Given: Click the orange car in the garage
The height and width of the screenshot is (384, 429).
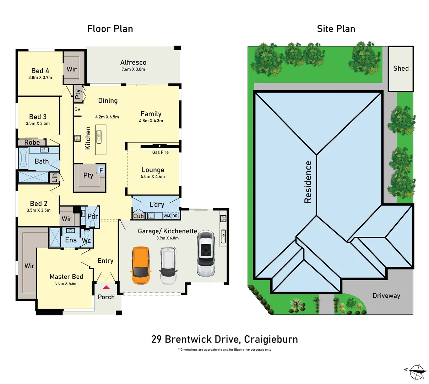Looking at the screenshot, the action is click(x=141, y=265).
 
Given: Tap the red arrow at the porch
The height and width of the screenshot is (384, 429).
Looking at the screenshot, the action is click(x=106, y=288).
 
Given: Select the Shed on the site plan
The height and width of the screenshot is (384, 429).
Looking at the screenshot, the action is click(x=401, y=69).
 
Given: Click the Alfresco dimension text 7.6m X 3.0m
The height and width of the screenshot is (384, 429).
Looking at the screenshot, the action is click(x=133, y=69).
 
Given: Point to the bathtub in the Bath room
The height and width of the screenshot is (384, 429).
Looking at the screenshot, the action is click(x=23, y=158).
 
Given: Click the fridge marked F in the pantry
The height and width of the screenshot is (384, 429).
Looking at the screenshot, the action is click(x=101, y=170).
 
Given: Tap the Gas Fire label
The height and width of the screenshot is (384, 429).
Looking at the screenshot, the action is click(x=160, y=152).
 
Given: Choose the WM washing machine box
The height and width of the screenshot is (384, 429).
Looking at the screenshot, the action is click(x=167, y=216).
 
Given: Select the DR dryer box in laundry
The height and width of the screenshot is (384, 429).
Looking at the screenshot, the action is click(x=175, y=216).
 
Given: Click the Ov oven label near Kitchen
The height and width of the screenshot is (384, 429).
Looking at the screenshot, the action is click(x=77, y=110).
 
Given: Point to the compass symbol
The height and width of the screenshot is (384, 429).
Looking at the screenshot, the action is click(x=415, y=373).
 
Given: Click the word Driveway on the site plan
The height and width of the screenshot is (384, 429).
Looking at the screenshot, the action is click(x=386, y=295).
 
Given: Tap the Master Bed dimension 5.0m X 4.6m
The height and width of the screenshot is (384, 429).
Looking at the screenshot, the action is click(x=66, y=283).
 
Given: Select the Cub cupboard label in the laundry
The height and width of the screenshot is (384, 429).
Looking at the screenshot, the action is click(x=139, y=216).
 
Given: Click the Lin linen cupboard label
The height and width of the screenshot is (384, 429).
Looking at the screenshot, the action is click(x=55, y=178).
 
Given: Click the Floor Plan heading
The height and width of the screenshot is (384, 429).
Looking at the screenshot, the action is click(x=110, y=29).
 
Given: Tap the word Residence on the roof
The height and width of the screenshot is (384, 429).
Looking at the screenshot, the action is click(x=308, y=182).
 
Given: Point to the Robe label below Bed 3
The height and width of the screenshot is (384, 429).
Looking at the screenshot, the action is click(x=32, y=142).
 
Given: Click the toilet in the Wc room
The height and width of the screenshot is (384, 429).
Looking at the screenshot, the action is click(x=87, y=233).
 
